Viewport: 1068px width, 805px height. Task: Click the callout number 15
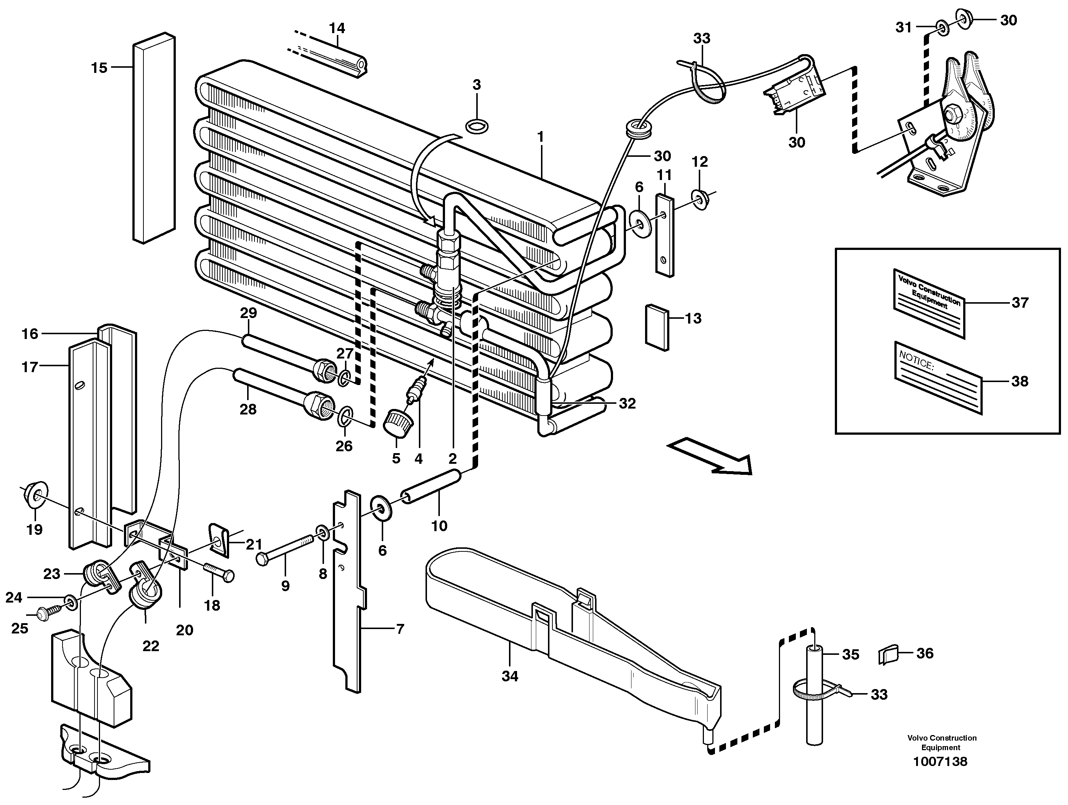(x=99, y=68)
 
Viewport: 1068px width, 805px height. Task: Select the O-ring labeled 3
(x=477, y=127)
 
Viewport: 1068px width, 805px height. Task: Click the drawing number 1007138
(x=940, y=762)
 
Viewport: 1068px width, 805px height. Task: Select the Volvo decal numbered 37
(x=929, y=303)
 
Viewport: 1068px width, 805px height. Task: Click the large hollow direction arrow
(x=710, y=455)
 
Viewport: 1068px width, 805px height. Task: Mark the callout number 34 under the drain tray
(x=509, y=676)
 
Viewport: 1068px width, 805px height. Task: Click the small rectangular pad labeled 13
(x=658, y=326)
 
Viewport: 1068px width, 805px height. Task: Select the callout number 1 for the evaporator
(x=540, y=137)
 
